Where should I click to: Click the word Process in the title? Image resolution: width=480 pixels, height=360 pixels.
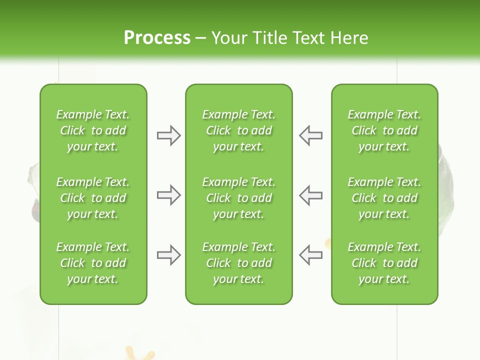(157, 38)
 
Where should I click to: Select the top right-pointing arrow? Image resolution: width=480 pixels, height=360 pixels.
(168, 135)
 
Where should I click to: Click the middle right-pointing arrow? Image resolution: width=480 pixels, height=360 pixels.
(168, 195)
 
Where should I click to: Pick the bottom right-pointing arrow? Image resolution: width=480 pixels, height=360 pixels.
(168, 255)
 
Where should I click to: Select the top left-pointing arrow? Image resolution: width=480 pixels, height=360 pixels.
(310, 135)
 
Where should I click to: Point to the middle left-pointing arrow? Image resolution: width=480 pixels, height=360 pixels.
(310, 195)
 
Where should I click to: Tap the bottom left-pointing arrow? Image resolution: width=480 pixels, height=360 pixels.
(310, 255)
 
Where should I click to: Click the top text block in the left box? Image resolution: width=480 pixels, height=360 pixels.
(93, 130)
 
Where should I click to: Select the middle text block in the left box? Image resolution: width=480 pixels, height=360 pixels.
(93, 198)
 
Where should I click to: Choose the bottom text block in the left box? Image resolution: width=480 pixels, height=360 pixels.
(93, 263)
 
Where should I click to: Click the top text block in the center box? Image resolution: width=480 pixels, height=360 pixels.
(238, 130)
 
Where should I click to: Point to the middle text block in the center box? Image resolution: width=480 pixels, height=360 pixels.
(238, 198)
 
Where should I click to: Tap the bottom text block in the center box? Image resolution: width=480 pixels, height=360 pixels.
(238, 263)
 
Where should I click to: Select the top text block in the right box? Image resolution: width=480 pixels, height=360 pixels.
(384, 130)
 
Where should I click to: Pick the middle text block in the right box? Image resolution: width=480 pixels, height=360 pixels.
(384, 198)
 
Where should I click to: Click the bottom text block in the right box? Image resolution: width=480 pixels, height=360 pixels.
(384, 263)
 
